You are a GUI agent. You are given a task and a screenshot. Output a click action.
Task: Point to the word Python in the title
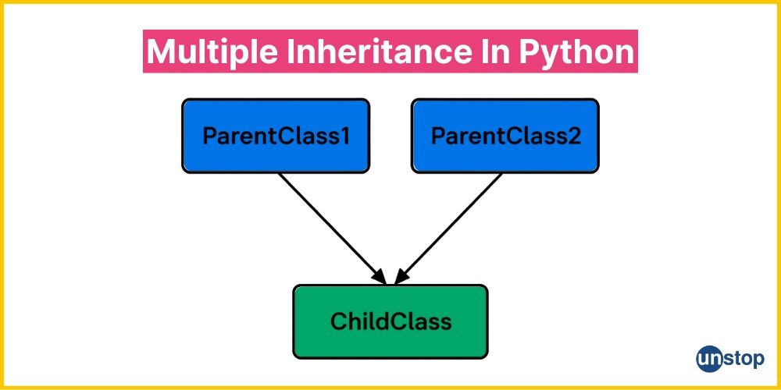click(576, 52)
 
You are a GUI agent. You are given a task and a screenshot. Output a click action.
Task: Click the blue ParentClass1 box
click(276, 136)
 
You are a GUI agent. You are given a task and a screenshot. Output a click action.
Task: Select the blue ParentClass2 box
click(505, 136)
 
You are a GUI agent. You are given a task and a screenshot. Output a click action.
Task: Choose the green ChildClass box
click(390, 321)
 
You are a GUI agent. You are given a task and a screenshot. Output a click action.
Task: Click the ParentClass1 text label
click(276, 136)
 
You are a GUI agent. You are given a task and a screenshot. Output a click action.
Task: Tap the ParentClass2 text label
click(505, 136)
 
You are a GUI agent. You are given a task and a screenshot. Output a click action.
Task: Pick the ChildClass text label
click(391, 321)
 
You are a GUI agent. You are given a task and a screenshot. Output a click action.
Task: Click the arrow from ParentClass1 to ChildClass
click(332, 229)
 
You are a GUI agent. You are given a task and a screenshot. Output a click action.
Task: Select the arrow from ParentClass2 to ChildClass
click(448, 229)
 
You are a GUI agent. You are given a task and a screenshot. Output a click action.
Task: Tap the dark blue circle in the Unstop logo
click(709, 359)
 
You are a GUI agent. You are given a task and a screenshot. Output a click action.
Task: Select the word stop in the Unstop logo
click(744, 359)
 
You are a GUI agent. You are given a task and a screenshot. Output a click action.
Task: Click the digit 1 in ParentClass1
click(344, 136)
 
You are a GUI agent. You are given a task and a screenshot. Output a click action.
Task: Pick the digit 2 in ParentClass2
click(574, 136)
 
